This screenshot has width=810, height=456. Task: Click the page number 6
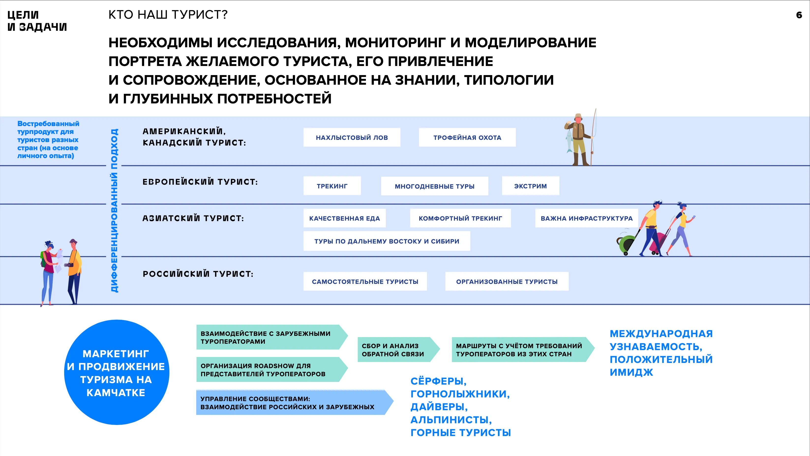click(x=799, y=15)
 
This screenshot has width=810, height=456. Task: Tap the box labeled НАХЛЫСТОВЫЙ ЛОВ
click(x=352, y=137)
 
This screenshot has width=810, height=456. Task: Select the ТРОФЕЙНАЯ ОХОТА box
click(x=467, y=137)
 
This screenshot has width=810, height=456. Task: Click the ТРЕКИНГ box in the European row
click(x=332, y=186)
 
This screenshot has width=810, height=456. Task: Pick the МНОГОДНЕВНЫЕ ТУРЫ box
click(x=434, y=186)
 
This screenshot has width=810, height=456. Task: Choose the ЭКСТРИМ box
click(x=530, y=186)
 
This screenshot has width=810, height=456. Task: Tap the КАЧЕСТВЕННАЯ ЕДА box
click(x=344, y=218)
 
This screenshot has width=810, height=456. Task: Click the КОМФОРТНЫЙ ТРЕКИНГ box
click(x=460, y=218)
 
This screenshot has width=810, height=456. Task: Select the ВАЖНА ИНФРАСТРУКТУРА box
click(x=586, y=218)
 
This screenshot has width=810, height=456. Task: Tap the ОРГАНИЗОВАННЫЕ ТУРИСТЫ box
click(x=507, y=281)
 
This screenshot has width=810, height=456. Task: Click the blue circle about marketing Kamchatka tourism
click(x=116, y=372)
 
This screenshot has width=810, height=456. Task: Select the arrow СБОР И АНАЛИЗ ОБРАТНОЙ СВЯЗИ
click(x=396, y=350)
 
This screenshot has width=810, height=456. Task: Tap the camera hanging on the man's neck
click(x=69, y=265)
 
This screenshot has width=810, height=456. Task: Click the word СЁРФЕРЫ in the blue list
click(x=438, y=381)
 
